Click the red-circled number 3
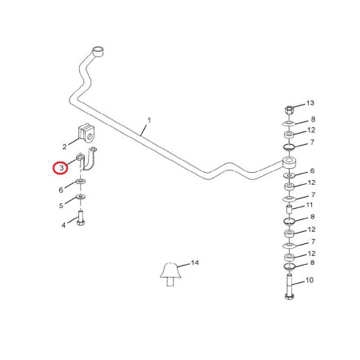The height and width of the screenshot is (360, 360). click(x=62, y=168)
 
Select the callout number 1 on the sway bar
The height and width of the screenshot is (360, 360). click(x=150, y=120)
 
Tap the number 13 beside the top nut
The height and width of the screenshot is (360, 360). click(x=310, y=103)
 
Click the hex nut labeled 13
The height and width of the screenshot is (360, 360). click(x=290, y=110)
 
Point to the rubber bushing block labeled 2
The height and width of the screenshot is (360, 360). click(x=87, y=133)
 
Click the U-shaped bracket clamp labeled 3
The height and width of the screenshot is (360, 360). click(x=86, y=158)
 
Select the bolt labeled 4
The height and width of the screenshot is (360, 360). click(x=81, y=218)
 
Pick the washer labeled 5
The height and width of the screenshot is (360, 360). click(x=81, y=197)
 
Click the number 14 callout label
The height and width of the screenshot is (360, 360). click(x=195, y=262)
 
